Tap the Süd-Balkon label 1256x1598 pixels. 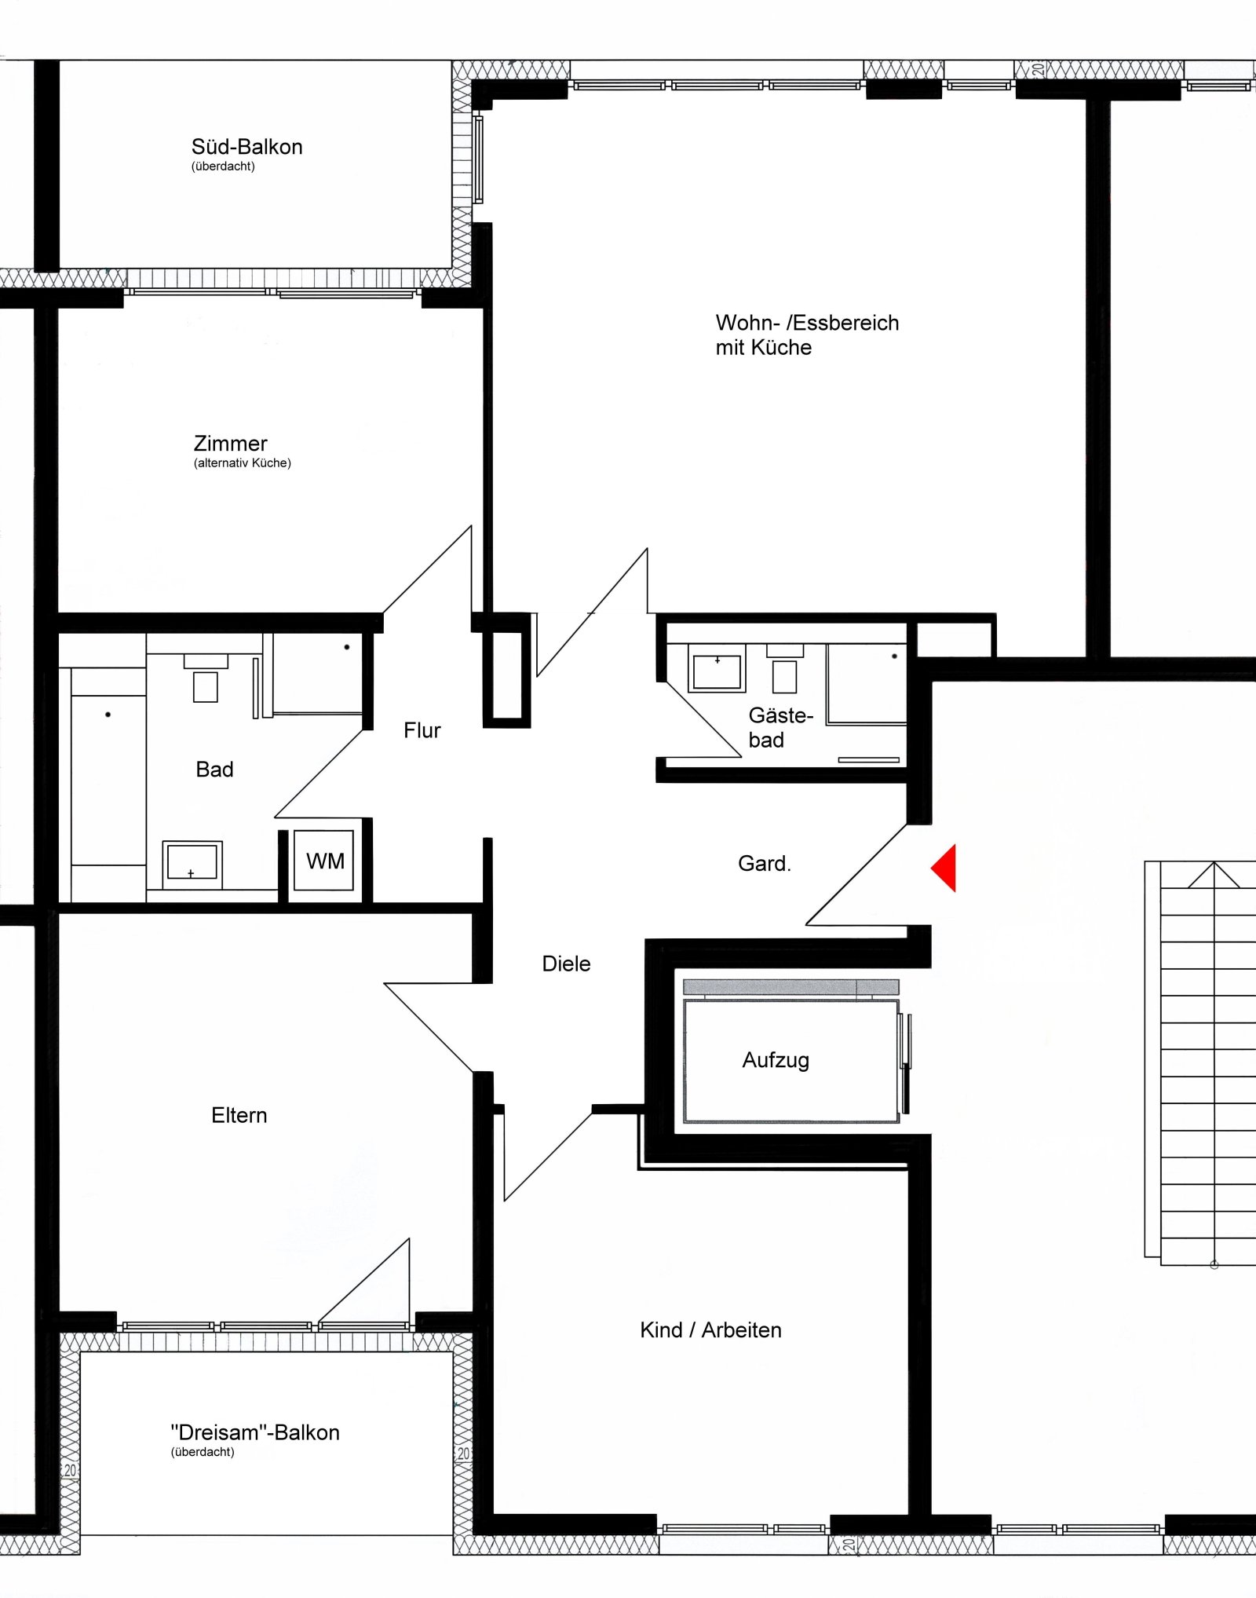[x=246, y=147]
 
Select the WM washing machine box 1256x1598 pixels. [x=324, y=861]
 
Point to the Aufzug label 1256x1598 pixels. [x=776, y=1060]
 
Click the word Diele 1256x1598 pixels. [x=566, y=964]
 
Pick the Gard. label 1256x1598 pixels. [x=764, y=864]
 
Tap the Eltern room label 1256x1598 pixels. [x=239, y=1115]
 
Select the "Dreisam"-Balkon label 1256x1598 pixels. [x=255, y=1432]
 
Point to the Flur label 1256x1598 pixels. [x=422, y=730]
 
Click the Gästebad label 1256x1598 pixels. [x=780, y=727]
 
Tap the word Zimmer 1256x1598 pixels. [x=231, y=443]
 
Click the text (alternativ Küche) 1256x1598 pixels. [x=243, y=463]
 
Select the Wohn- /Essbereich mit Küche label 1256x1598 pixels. [x=807, y=335]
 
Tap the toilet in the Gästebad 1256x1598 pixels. [x=784, y=669]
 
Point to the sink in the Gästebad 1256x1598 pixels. [x=717, y=668]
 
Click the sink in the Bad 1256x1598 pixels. [x=192, y=864]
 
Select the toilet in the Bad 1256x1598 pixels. [x=206, y=678]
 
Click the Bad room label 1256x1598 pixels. [x=214, y=770]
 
